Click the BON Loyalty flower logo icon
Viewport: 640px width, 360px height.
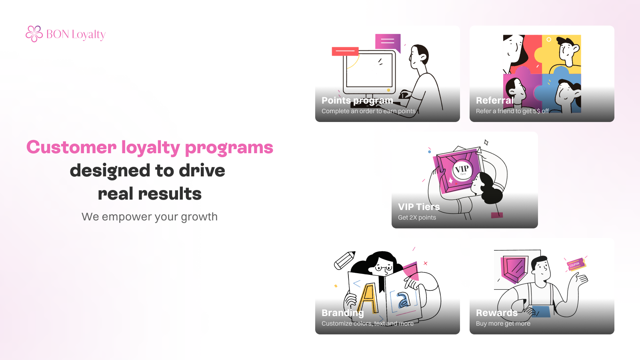pos(34,34)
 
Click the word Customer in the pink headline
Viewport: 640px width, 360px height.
pos(72,148)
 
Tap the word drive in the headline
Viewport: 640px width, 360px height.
pos(202,170)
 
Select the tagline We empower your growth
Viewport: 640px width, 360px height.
pos(150,216)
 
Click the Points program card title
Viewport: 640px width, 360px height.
pos(357,100)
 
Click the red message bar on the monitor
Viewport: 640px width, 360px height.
pos(345,51)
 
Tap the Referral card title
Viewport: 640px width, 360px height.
pos(495,100)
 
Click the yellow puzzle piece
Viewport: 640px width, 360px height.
pos(562,53)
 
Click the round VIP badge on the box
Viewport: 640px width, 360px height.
pos(462,170)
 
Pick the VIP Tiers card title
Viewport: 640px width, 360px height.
pos(418,206)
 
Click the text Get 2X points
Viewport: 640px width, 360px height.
pos(417,218)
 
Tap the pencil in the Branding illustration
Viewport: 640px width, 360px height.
pos(344,260)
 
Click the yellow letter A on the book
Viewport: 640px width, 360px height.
pos(368,298)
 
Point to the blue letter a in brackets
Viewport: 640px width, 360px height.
pos(403,300)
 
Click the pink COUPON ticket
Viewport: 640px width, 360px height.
pos(576,265)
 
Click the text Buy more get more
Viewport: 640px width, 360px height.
pos(503,324)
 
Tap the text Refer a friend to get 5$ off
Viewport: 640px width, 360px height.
pos(512,111)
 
